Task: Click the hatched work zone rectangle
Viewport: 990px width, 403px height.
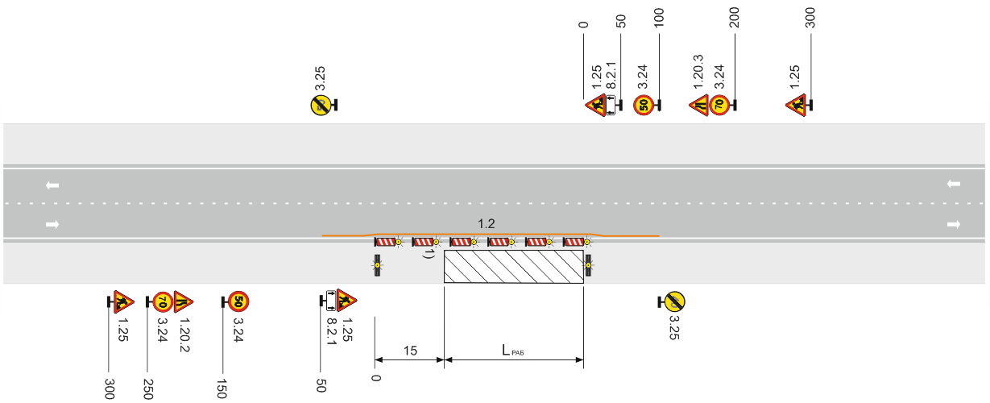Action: [x=514, y=266]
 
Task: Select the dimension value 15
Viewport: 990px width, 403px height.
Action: [x=410, y=351]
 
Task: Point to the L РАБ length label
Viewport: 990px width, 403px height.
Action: [x=512, y=351]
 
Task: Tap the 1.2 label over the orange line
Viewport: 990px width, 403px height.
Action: [x=487, y=224]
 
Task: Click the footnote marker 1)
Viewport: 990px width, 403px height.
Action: [x=429, y=253]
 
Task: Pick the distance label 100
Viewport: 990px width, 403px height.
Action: [x=659, y=18]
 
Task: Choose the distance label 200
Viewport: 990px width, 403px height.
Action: [x=734, y=18]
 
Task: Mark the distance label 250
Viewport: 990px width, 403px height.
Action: [x=148, y=388]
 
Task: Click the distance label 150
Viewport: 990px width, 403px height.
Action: [x=222, y=388]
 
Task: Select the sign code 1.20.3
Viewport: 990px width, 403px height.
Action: [x=698, y=72]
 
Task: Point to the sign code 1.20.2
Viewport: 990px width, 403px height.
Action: [x=184, y=334]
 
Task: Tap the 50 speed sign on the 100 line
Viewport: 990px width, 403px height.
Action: [x=644, y=106]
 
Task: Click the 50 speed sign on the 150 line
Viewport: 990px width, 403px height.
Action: [x=238, y=301]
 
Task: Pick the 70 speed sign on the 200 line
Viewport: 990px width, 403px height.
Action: [x=719, y=106]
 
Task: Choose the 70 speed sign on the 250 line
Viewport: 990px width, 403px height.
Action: [x=163, y=302]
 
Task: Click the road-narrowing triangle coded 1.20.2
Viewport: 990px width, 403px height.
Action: [x=183, y=301]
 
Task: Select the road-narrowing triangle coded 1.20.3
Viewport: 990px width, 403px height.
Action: [x=700, y=106]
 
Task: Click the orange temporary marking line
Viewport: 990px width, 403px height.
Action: [x=491, y=234]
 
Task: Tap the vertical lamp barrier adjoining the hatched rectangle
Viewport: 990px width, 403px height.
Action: [x=588, y=265]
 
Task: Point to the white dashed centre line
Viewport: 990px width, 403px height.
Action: [x=494, y=203]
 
